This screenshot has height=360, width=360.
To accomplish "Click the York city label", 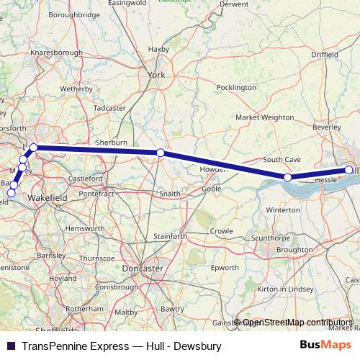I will click(156, 75).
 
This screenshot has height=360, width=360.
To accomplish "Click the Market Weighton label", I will click(265, 117).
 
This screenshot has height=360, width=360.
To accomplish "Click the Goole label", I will click(212, 189).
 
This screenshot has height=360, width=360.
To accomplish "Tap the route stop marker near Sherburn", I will click(160, 153).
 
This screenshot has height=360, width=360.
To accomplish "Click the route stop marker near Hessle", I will click(287, 177).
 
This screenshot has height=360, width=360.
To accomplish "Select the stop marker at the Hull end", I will click(349, 170).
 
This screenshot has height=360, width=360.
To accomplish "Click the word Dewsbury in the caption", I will click(196, 346).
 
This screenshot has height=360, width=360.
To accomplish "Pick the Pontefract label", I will click(97, 194).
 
